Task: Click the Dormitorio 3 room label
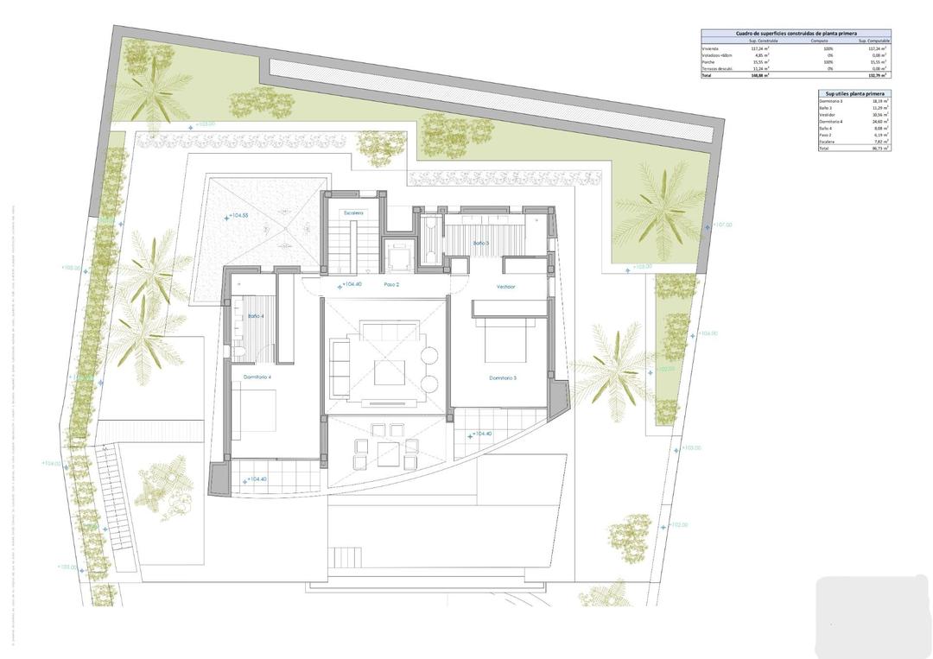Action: click(x=503, y=377)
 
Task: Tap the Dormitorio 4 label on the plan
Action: click(x=257, y=377)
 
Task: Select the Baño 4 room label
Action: click(x=257, y=316)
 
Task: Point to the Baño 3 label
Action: click(x=481, y=244)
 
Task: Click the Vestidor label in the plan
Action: click(x=506, y=287)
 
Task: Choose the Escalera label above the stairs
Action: click(x=353, y=212)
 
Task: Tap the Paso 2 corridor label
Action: click(x=390, y=284)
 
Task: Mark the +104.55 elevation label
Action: click(x=238, y=216)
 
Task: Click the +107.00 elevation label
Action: click(x=721, y=225)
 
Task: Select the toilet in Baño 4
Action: click(x=239, y=351)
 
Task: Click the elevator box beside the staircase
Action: click(x=398, y=257)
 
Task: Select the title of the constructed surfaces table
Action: click(x=796, y=33)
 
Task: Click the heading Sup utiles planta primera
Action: click(x=854, y=93)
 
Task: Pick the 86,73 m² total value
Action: click(x=880, y=149)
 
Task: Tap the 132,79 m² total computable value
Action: click(x=878, y=76)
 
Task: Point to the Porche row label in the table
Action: click(x=711, y=62)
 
